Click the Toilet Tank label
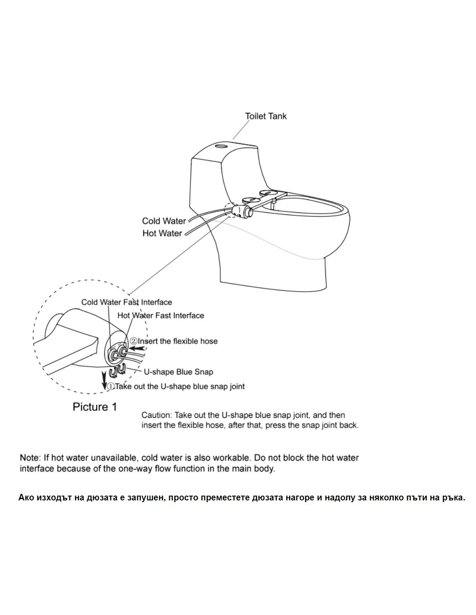click(x=265, y=116)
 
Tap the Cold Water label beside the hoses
click(x=164, y=221)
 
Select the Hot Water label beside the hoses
click(x=162, y=233)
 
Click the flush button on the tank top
click(x=221, y=146)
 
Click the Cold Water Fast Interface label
click(x=127, y=302)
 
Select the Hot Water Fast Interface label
click(x=161, y=316)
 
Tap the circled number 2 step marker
click(x=134, y=341)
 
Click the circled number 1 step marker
click(x=111, y=386)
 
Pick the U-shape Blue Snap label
click(x=178, y=372)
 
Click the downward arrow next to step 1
click(x=104, y=380)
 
